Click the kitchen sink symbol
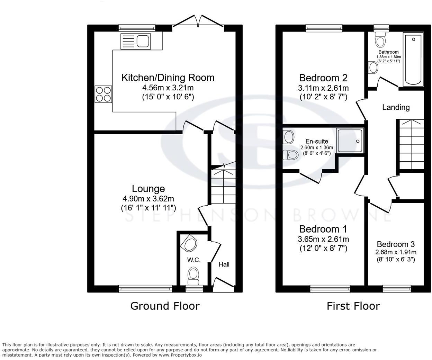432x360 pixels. coord(135,41)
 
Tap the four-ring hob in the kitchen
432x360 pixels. coord(103,94)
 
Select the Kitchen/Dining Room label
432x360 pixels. coord(168,78)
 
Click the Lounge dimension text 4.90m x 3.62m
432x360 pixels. coord(148,199)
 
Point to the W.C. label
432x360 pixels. coord(194,260)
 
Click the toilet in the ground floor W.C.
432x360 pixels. coord(193,276)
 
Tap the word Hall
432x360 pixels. coord(224,264)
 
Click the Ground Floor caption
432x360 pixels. coord(165,306)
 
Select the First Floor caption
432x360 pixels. coord(353,306)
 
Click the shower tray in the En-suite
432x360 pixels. coord(350,140)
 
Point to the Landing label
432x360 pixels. coord(396,107)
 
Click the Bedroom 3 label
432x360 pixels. coord(396,244)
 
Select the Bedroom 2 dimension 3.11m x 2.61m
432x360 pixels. coord(323,88)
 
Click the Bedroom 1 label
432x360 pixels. coord(323,229)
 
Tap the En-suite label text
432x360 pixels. coord(316,141)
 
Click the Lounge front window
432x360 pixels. coord(145,288)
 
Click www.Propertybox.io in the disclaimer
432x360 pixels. coord(180,355)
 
